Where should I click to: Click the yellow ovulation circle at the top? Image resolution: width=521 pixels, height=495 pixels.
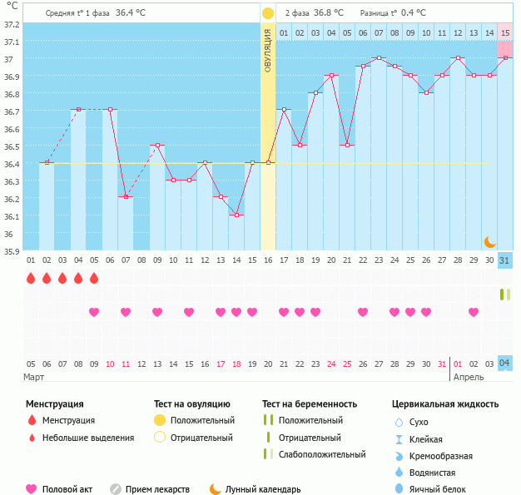pos(268,13)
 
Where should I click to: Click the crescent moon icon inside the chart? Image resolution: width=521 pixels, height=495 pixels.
pos(490,241)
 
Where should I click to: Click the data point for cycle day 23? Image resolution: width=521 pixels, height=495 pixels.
pos(379,58)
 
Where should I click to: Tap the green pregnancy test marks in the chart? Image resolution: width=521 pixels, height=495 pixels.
pos(504,295)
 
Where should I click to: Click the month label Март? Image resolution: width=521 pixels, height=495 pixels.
pos(34,377)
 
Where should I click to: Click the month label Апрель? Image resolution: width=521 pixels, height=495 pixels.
pos(467,377)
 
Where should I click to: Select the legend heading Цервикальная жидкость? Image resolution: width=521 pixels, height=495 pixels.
pos(445,404)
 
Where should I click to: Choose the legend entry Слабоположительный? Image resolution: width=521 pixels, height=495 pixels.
pos(321,454)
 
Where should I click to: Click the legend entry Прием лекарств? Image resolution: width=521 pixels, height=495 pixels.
pos(156,490)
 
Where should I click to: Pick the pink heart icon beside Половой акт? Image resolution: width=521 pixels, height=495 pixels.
pos(32,489)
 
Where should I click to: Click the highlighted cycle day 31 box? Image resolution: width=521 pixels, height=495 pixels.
pos(505,260)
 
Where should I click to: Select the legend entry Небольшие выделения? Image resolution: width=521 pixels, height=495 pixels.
pos(87,438)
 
